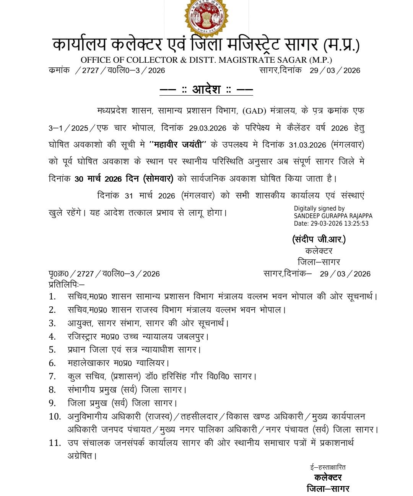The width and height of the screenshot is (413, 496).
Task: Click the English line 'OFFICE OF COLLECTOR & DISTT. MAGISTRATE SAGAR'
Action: (206, 60)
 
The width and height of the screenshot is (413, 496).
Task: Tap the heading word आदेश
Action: (206, 89)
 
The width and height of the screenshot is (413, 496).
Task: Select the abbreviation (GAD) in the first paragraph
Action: (254, 111)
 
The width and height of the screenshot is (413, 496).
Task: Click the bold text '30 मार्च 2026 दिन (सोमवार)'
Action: (124, 179)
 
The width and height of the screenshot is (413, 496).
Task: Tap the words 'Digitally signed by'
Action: (319, 208)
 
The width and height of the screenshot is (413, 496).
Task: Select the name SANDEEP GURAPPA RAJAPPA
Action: (333, 216)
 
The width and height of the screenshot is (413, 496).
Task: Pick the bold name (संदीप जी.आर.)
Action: (319, 240)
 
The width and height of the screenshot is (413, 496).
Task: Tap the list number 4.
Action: (52, 337)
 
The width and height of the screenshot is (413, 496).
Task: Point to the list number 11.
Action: (55, 443)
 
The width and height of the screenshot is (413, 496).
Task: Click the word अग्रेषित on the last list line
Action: (81, 456)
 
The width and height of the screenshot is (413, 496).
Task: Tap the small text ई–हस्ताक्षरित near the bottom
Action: (328, 467)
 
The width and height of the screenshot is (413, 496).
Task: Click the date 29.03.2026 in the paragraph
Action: (208, 128)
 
